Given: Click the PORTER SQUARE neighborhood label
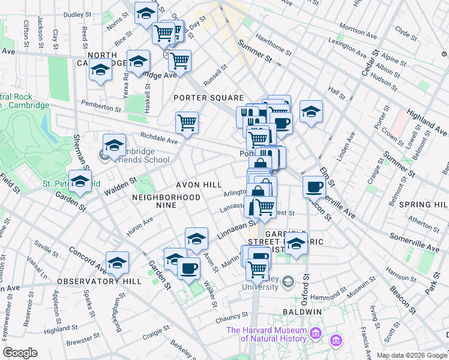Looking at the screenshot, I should tap(208, 98).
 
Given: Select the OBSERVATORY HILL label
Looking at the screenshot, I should tap(99, 281).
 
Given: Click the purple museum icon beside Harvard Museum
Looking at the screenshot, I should tap(335, 340).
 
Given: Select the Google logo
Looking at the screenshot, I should tap(20, 353).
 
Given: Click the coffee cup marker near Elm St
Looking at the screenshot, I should tap(313, 187).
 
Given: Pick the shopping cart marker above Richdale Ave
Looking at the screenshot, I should tap(187, 123).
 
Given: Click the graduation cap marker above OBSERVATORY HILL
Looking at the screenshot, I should tap(117, 262).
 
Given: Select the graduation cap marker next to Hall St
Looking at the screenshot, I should tap(311, 111).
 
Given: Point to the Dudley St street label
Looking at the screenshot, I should tap(77, 13).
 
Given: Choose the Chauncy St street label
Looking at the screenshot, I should tap(232, 315).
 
